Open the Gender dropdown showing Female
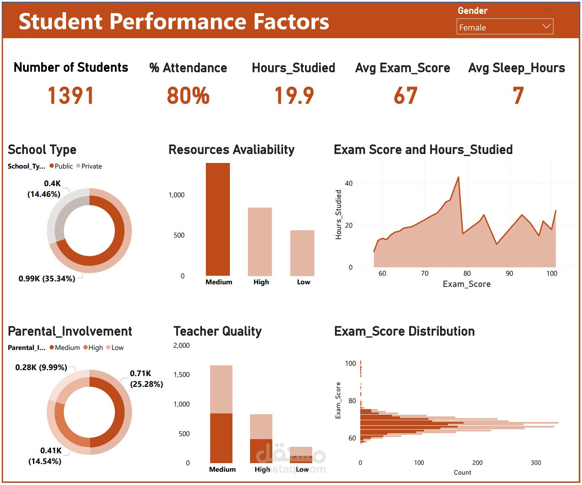tap(504, 27)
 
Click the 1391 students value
tap(70, 96)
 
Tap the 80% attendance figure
tap(188, 96)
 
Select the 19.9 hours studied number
tap(294, 96)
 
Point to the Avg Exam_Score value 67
tap(405, 96)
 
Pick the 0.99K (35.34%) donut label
tap(47, 279)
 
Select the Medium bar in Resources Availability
tap(218, 219)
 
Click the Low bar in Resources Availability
tap(302, 253)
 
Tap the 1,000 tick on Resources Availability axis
tap(176, 195)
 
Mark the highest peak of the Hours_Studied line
tap(458, 177)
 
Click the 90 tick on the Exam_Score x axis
tap(509, 274)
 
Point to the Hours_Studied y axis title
tap(339, 214)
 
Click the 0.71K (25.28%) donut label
tap(146, 379)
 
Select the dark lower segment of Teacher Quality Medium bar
tap(221, 438)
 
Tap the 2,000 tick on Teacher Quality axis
tap(181, 346)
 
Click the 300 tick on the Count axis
tap(536, 463)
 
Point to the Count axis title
tap(462, 473)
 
